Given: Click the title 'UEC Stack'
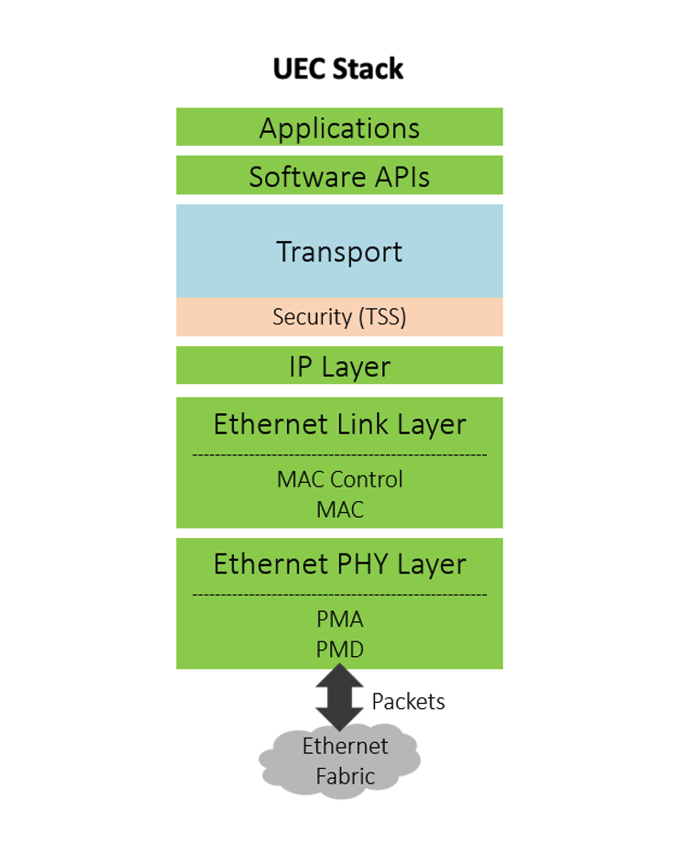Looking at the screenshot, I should tap(338, 69).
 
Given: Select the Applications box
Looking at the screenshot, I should tap(339, 127).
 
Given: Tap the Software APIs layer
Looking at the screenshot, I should tap(339, 176).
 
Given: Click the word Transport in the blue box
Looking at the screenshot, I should tap(339, 251).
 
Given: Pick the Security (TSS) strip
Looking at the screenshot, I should tap(339, 317).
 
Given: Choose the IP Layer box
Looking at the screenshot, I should tap(339, 367).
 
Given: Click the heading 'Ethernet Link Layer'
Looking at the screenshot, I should tap(339, 424).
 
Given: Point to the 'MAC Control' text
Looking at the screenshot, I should tap(339, 479).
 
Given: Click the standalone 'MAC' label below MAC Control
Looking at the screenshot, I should tap(339, 509).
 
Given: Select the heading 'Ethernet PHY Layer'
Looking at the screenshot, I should tap(339, 564).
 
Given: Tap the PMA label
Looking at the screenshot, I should tap(339, 619).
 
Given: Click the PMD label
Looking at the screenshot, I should tap(339, 650).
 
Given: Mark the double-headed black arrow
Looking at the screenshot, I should tap(339, 698).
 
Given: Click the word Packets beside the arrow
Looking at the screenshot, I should tap(408, 702).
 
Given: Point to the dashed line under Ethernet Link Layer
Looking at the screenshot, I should tap(339, 454).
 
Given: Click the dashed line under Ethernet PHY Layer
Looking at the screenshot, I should tap(339, 595).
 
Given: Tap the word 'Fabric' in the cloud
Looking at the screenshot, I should tap(346, 777).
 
